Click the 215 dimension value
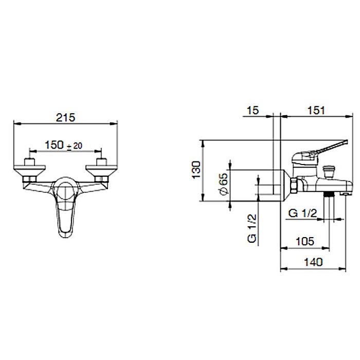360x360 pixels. click(x=65, y=117)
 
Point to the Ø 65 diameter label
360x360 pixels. click(x=223, y=183)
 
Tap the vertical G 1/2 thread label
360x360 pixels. click(x=251, y=230)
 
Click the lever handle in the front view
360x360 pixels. click(x=64, y=211)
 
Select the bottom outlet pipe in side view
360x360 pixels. click(x=329, y=206)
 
